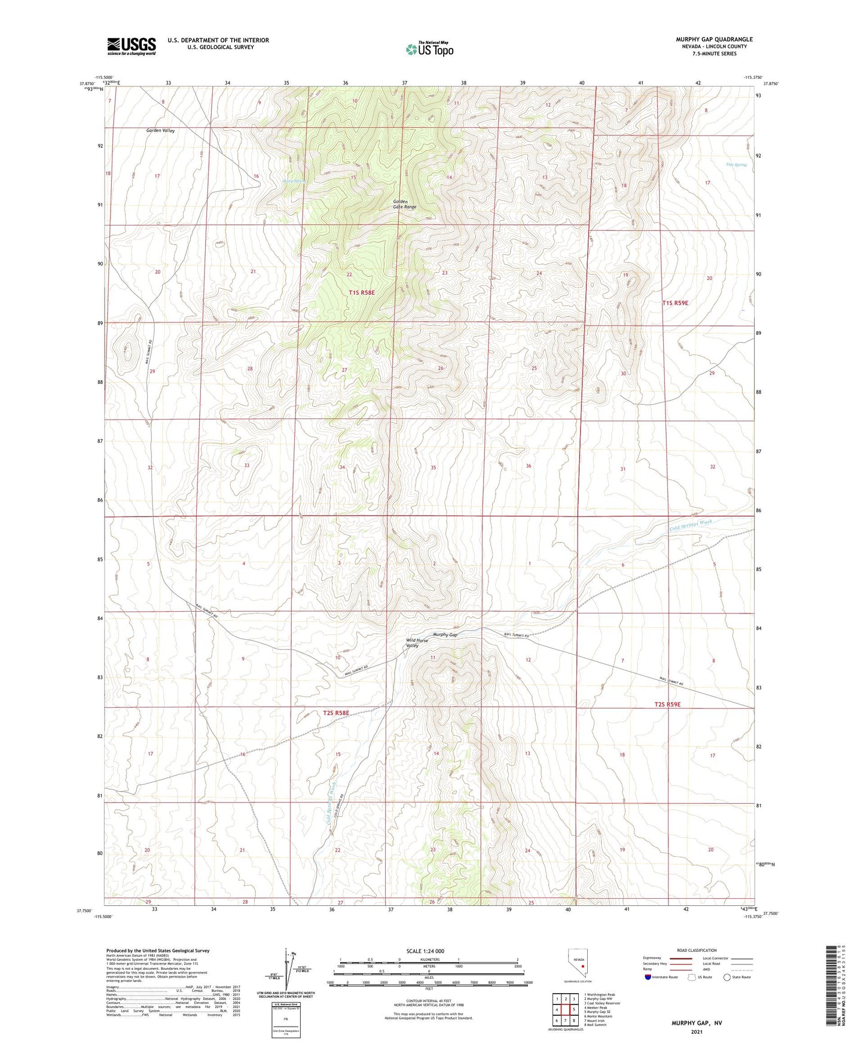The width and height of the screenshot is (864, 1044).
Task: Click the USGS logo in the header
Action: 131,46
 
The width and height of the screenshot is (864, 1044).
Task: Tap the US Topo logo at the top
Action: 429,49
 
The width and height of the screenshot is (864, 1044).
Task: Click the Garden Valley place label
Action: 161,130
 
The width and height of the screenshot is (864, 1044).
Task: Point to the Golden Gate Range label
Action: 404,204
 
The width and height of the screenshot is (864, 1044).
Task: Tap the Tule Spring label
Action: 736,164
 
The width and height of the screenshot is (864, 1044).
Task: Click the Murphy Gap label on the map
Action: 445,634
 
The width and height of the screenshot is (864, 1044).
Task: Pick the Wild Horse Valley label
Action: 417,643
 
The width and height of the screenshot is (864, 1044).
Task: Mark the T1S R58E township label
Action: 362,292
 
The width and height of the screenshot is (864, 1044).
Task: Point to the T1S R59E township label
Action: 675,303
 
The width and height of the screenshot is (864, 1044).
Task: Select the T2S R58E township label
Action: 335,713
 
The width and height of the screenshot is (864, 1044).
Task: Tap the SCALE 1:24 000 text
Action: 425,951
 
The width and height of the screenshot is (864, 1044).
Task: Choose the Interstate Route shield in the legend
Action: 649,977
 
